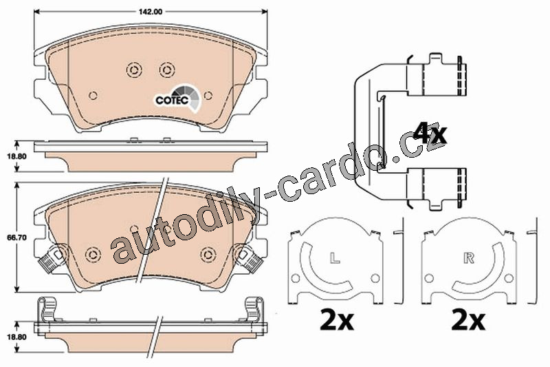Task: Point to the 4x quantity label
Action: pos(429,134)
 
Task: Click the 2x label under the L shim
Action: pos(337,319)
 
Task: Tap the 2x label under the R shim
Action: pos(469,319)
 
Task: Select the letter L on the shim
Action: pos(335,258)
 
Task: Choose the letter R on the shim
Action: pos(469,258)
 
